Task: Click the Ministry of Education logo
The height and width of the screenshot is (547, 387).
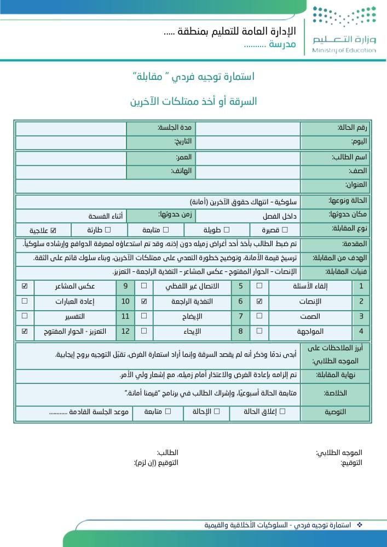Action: (x=344, y=30)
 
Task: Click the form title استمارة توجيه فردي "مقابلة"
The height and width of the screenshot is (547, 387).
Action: (x=194, y=77)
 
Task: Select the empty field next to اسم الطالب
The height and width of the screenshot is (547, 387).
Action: (x=247, y=158)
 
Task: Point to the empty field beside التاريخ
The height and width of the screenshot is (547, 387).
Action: (x=71, y=142)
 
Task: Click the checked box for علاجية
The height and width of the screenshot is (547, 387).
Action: (x=54, y=230)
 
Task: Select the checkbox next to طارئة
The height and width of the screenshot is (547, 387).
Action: (x=108, y=230)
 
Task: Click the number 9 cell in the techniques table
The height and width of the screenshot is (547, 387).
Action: (x=125, y=286)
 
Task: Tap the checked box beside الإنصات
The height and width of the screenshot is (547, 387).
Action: (x=259, y=301)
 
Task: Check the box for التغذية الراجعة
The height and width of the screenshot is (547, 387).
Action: (x=144, y=301)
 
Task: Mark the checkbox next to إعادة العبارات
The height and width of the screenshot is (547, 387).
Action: (x=25, y=301)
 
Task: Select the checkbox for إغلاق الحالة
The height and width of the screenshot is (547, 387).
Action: (x=282, y=411)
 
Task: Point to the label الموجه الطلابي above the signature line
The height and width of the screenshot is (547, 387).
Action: (x=339, y=453)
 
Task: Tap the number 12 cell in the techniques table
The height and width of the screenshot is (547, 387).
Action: (x=125, y=331)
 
